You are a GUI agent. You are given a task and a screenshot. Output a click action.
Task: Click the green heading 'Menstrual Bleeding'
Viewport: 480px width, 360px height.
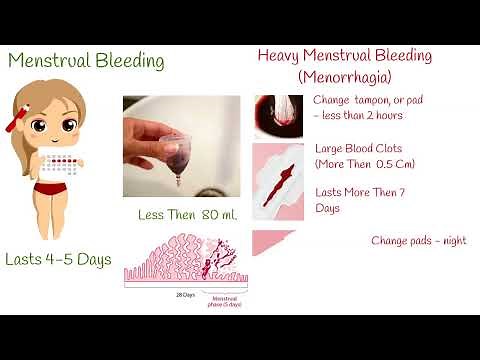pyautogui.click(x=86, y=61)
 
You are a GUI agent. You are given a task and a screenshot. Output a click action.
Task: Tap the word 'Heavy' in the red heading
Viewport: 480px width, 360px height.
pyautogui.click(x=283, y=56)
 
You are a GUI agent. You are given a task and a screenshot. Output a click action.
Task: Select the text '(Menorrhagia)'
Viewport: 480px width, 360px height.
pyautogui.click(x=344, y=76)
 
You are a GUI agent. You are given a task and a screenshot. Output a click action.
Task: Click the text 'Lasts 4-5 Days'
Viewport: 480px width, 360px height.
pyautogui.click(x=58, y=260)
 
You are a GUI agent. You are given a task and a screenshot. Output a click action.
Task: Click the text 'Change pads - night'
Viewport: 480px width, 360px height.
pyautogui.click(x=418, y=241)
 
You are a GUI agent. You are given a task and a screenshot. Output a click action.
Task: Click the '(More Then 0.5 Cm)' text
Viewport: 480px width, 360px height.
pyautogui.click(x=364, y=163)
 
